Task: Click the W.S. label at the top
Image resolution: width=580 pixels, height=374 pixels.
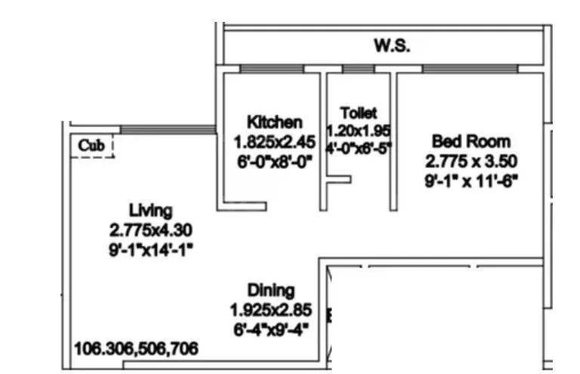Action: (x=392, y=46)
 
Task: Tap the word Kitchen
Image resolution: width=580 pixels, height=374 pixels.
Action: (x=275, y=122)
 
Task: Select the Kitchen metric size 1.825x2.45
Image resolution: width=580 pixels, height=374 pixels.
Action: (x=275, y=141)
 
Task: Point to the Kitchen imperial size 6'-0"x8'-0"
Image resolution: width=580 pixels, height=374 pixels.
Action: (x=275, y=161)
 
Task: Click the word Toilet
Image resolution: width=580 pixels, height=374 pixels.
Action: (x=359, y=112)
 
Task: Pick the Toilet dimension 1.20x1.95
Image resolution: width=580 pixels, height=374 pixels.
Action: (x=359, y=130)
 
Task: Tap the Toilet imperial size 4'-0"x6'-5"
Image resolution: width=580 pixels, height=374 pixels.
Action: (x=359, y=148)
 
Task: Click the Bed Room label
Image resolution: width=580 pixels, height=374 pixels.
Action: (x=470, y=141)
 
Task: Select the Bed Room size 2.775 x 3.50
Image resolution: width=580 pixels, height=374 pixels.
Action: (x=470, y=161)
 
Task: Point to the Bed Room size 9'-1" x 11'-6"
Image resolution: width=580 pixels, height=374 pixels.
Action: (x=470, y=180)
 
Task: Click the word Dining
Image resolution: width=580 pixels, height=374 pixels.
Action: (x=271, y=290)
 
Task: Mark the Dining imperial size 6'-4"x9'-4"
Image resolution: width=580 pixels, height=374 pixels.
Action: (x=271, y=329)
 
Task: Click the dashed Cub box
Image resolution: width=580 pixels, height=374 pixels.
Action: (x=93, y=146)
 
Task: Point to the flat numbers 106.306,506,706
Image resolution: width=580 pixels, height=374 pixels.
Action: (x=137, y=348)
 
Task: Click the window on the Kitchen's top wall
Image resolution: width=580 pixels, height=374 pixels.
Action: (x=272, y=69)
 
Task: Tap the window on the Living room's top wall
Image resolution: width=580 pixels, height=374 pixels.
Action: (x=166, y=130)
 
